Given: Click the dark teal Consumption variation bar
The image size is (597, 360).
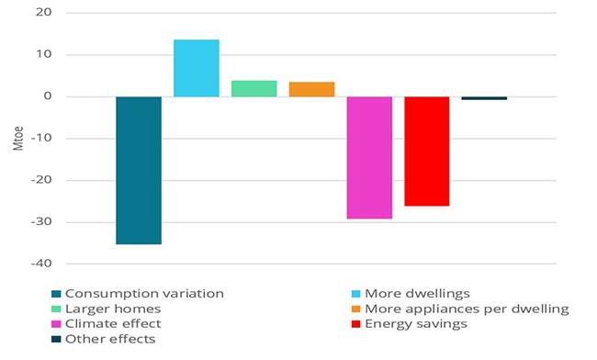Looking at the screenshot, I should [x=139, y=170].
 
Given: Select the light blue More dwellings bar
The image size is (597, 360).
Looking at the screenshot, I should [x=197, y=68].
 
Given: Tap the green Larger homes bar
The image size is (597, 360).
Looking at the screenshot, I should [x=253, y=88].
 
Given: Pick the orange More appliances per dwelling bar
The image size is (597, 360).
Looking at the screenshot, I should [x=311, y=89].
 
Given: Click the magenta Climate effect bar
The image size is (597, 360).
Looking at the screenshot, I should [x=369, y=157].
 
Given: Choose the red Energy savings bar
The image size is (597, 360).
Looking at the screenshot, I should [x=427, y=151].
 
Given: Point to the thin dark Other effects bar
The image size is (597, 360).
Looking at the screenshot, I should [x=484, y=98].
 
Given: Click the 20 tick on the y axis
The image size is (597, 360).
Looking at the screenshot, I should [x=44, y=13].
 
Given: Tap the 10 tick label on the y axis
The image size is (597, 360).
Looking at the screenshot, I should [x=44, y=55].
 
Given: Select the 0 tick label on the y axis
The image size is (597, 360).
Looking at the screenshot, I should [x=48, y=96].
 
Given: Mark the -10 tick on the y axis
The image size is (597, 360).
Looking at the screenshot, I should [x=42, y=139].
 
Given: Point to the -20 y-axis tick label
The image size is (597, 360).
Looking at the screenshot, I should [x=42, y=180].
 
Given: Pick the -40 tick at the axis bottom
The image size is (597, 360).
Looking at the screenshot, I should [x=42, y=264].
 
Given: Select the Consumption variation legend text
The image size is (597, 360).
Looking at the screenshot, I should [x=144, y=293].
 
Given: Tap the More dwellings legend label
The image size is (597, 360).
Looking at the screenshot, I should [x=419, y=293].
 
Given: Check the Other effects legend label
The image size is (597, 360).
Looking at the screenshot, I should [x=110, y=339].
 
